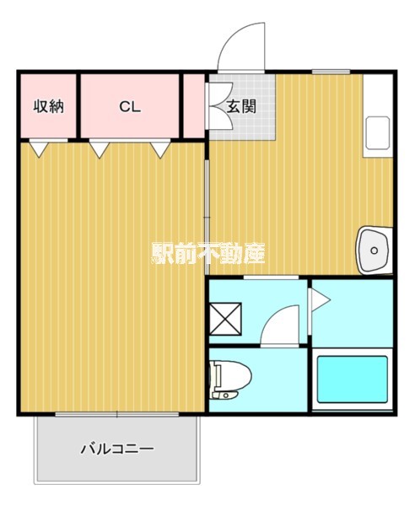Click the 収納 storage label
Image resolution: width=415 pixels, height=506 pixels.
pyautogui.click(x=48, y=107)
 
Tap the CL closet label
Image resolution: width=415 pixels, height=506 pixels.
pyautogui.click(x=129, y=107)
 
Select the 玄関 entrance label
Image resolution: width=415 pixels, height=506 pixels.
pyautogui.click(x=240, y=107)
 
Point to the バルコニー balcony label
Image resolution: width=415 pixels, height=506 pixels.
pyautogui.click(x=117, y=449)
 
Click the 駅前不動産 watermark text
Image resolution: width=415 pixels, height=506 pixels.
pyautogui.click(x=208, y=253)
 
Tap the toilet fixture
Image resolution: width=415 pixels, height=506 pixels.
pyautogui.click(x=226, y=378)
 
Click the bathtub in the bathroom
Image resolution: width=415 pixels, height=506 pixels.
pyautogui.click(x=351, y=381)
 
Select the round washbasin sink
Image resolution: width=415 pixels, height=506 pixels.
pyautogui.click(x=372, y=250)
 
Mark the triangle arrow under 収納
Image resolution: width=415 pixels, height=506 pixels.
pyautogui.click(x=37, y=149)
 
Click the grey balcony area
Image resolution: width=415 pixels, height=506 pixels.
pyautogui.click(x=117, y=460)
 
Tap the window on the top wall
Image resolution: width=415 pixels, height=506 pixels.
pyautogui.click(x=331, y=72)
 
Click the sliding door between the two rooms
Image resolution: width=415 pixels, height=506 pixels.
pyautogui.click(x=207, y=211)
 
